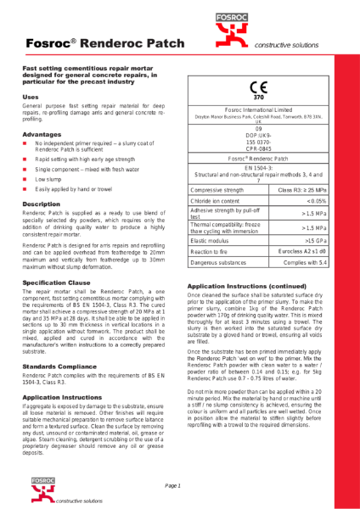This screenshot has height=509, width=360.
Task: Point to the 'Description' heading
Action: tap(41, 204)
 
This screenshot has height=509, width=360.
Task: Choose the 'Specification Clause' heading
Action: tap(56, 282)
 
